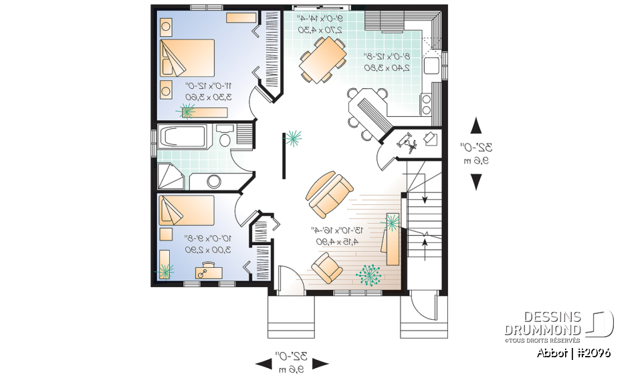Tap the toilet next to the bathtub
coord(225,138)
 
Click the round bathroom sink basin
coord(214,180)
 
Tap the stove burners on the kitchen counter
coord(425,104)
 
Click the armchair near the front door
coord(328,269)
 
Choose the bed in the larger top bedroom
coord(187,59)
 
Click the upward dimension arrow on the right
coord(476,126)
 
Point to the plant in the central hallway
coord(293,138)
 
